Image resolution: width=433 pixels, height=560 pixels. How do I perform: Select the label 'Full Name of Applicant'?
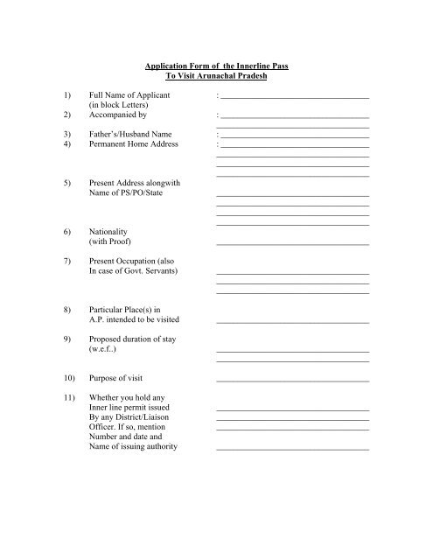130,93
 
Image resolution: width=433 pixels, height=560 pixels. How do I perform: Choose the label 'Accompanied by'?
118,115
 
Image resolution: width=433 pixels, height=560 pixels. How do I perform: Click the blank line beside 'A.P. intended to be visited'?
292,323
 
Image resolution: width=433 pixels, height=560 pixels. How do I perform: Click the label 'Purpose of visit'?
121,378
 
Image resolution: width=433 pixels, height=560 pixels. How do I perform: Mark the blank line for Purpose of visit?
292,381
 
